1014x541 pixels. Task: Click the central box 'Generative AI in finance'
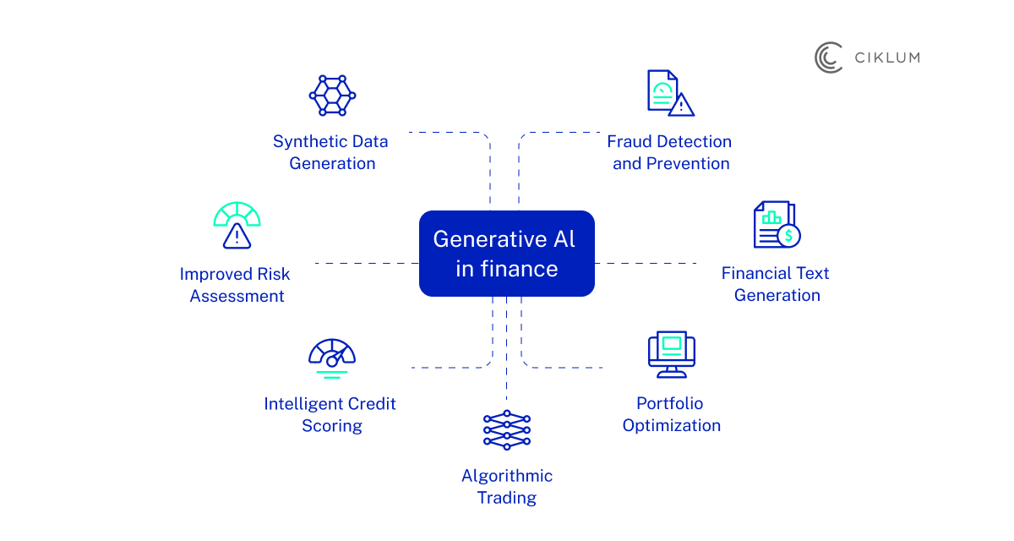(506, 254)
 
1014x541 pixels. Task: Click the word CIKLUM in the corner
(886, 57)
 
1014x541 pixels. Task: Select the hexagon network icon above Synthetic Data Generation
(332, 95)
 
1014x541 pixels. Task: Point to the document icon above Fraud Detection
(663, 91)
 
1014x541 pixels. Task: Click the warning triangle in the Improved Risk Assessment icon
(237, 237)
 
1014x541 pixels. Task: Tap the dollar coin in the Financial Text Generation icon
(788, 235)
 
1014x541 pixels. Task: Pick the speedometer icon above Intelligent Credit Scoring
(332, 356)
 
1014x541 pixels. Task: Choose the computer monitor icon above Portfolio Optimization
(672, 354)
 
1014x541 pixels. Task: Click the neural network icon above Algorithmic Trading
(506, 429)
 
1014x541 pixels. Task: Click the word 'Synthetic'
(305, 141)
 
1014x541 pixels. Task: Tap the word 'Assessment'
(237, 296)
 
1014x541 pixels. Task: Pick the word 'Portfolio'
(670, 403)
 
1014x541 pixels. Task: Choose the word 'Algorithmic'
(506, 476)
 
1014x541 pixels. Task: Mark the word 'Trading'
(506, 498)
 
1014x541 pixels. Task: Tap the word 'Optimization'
(672, 425)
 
